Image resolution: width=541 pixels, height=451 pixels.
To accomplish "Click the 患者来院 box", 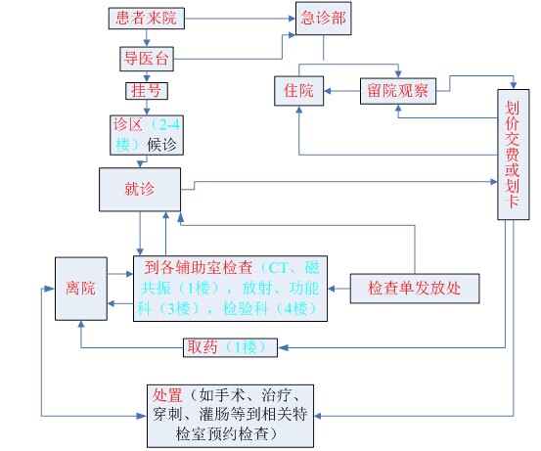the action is coord(147,19).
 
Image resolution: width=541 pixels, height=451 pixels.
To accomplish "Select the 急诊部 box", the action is coord(323,19).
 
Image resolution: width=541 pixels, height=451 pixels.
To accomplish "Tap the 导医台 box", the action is coord(147,59).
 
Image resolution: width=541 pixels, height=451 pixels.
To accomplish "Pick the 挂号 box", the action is coord(147,91).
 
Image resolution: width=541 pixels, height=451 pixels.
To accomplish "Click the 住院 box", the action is coord(298,91).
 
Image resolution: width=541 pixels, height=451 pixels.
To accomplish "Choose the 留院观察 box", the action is coord(398,91).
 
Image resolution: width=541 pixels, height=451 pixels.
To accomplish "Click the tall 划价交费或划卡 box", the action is coord(513,155).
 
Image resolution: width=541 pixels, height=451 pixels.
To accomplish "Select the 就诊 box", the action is coord(140,190).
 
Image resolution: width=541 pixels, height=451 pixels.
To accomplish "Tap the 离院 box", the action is coord(81,289).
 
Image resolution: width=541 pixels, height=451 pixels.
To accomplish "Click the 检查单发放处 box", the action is coord(415,289).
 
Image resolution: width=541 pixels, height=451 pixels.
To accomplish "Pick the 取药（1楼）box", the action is coord(230,347).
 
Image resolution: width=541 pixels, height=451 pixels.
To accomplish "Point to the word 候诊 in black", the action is coord(161,145).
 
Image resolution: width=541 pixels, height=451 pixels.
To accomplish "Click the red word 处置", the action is coord(167,395).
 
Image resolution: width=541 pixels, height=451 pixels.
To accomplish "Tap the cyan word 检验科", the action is coord(246,308).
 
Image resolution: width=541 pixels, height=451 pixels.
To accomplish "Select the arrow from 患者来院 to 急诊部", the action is coord(240,19).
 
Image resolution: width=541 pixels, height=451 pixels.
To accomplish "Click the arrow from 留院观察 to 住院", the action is coord(342,91).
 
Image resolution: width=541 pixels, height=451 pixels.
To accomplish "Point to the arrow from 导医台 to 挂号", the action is coord(147,76).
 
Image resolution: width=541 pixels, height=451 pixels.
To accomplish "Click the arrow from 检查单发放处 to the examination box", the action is coord(338,289).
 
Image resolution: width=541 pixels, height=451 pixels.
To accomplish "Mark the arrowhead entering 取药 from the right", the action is coord(283,347).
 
